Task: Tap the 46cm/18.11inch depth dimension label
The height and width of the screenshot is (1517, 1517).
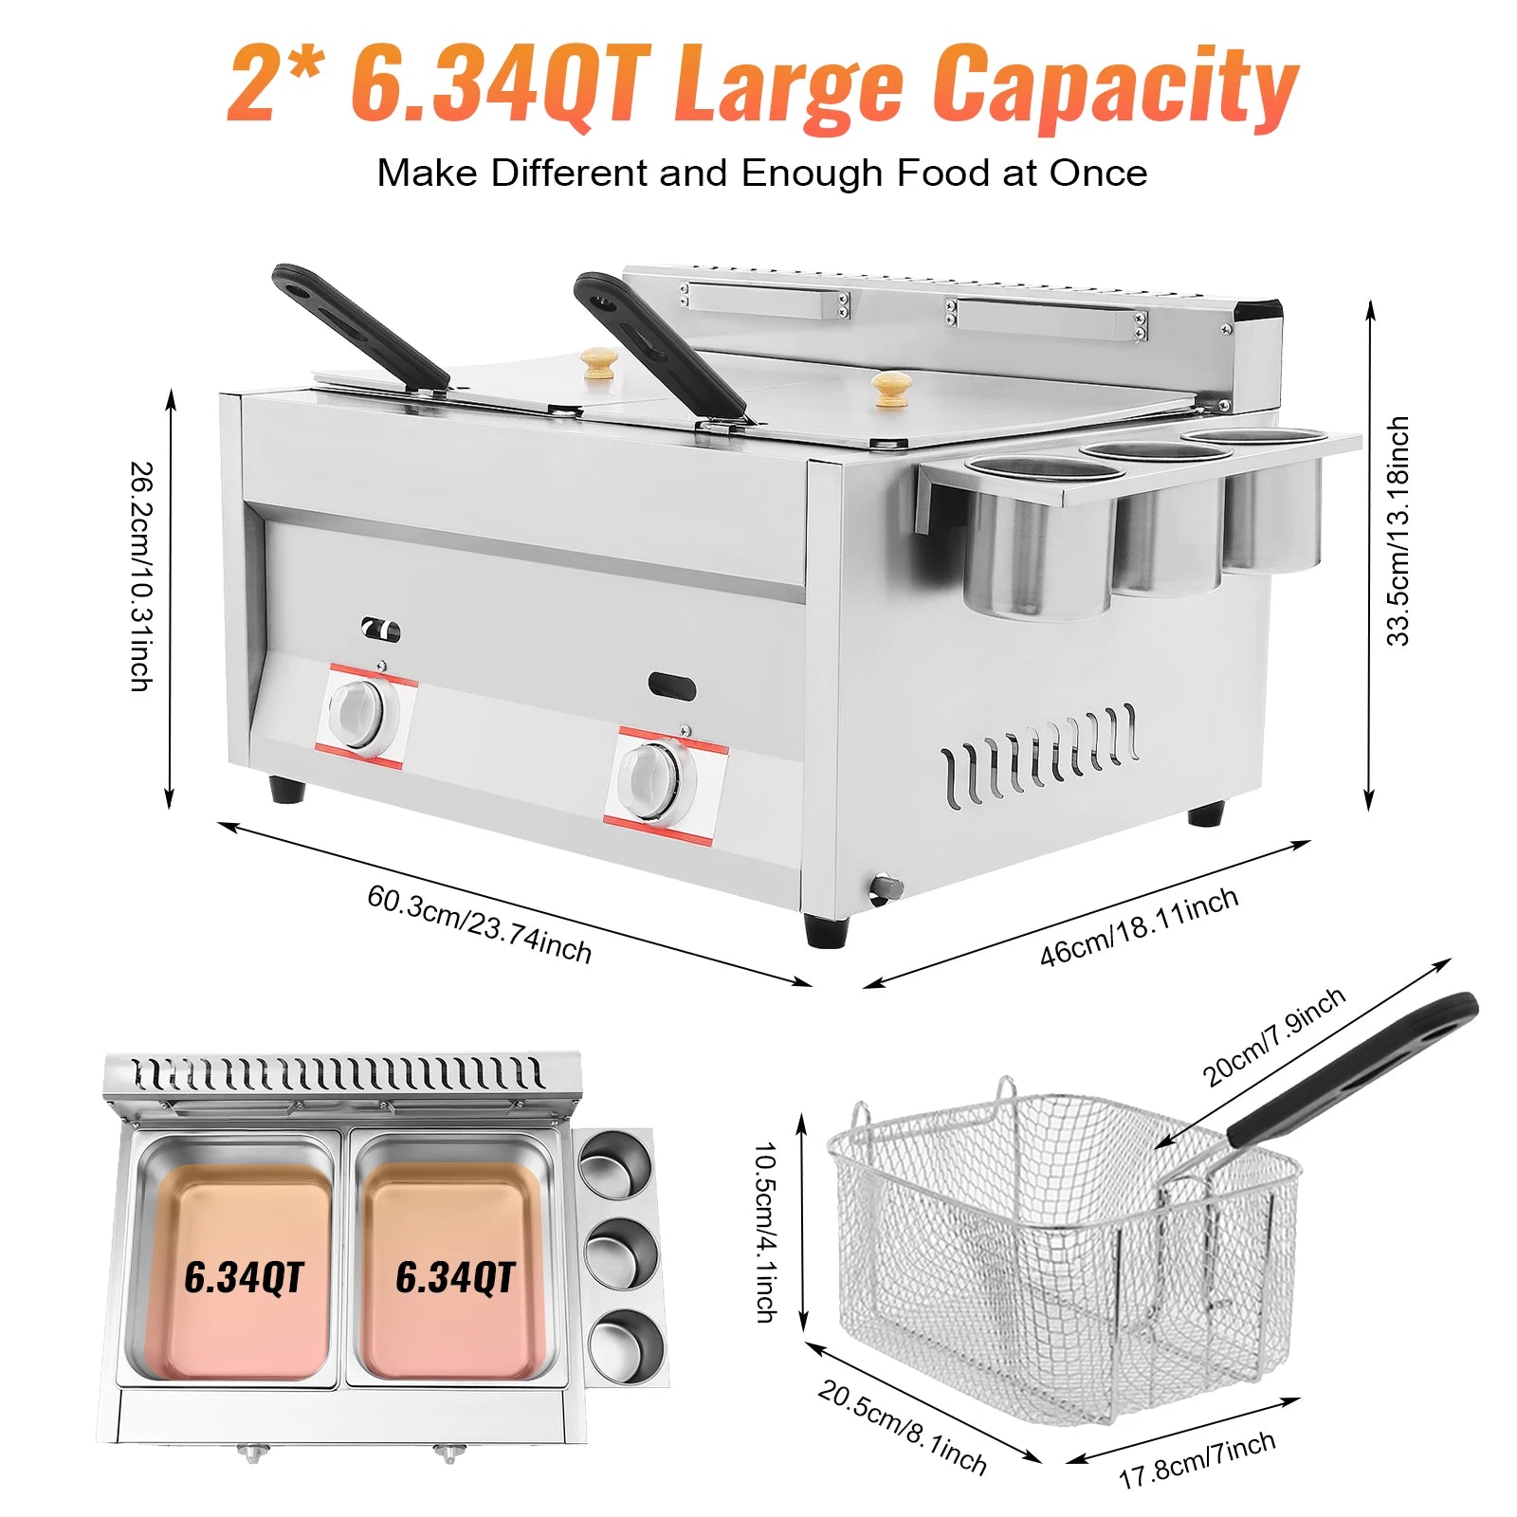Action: (x=1139, y=926)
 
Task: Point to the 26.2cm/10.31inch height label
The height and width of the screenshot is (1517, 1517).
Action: (x=141, y=576)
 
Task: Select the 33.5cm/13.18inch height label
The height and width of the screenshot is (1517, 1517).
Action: (x=1398, y=531)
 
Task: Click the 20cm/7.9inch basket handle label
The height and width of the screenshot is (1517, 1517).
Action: (x=1273, y=1035)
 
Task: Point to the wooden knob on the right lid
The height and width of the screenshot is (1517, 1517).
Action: (x=890, y=388)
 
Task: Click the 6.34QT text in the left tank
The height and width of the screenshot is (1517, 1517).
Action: (x=244, y=1277)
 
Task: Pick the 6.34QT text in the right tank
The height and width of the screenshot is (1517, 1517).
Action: (x=455, y=1277)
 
